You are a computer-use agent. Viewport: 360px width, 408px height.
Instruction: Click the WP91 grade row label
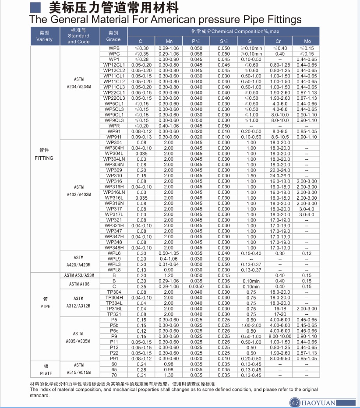(114, 131)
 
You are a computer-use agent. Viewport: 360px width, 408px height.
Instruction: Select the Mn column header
(169, 41)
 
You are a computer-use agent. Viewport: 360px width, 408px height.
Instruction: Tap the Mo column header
(308, 41)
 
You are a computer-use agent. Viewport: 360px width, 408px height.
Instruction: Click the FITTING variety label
(44, 158)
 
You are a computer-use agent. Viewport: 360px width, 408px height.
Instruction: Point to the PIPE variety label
(44, 306)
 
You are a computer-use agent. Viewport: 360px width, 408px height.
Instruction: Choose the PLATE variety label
(44, 373)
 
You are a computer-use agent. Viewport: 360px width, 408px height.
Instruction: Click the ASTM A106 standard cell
(79, 284)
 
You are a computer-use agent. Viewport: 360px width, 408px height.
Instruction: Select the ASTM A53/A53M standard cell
(79, 275)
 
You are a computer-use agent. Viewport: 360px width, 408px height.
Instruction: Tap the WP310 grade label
(114, 176)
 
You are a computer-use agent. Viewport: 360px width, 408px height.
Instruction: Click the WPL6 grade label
(114, 253)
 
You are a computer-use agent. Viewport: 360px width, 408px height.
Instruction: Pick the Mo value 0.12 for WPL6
(307, 253)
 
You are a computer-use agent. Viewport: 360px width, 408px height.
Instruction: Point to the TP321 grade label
(114, 314)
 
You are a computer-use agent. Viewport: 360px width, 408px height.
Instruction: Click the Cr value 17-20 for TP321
(280, 314)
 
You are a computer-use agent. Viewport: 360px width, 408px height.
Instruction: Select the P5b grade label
(114, 325)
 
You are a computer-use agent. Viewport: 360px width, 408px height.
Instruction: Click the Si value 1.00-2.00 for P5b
(251, 325)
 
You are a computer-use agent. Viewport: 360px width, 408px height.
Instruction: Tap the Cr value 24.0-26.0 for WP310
(280, 176)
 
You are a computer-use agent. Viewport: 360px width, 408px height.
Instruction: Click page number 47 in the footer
(294, 402)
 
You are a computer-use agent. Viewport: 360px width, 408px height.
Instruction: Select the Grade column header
(113, 36)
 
